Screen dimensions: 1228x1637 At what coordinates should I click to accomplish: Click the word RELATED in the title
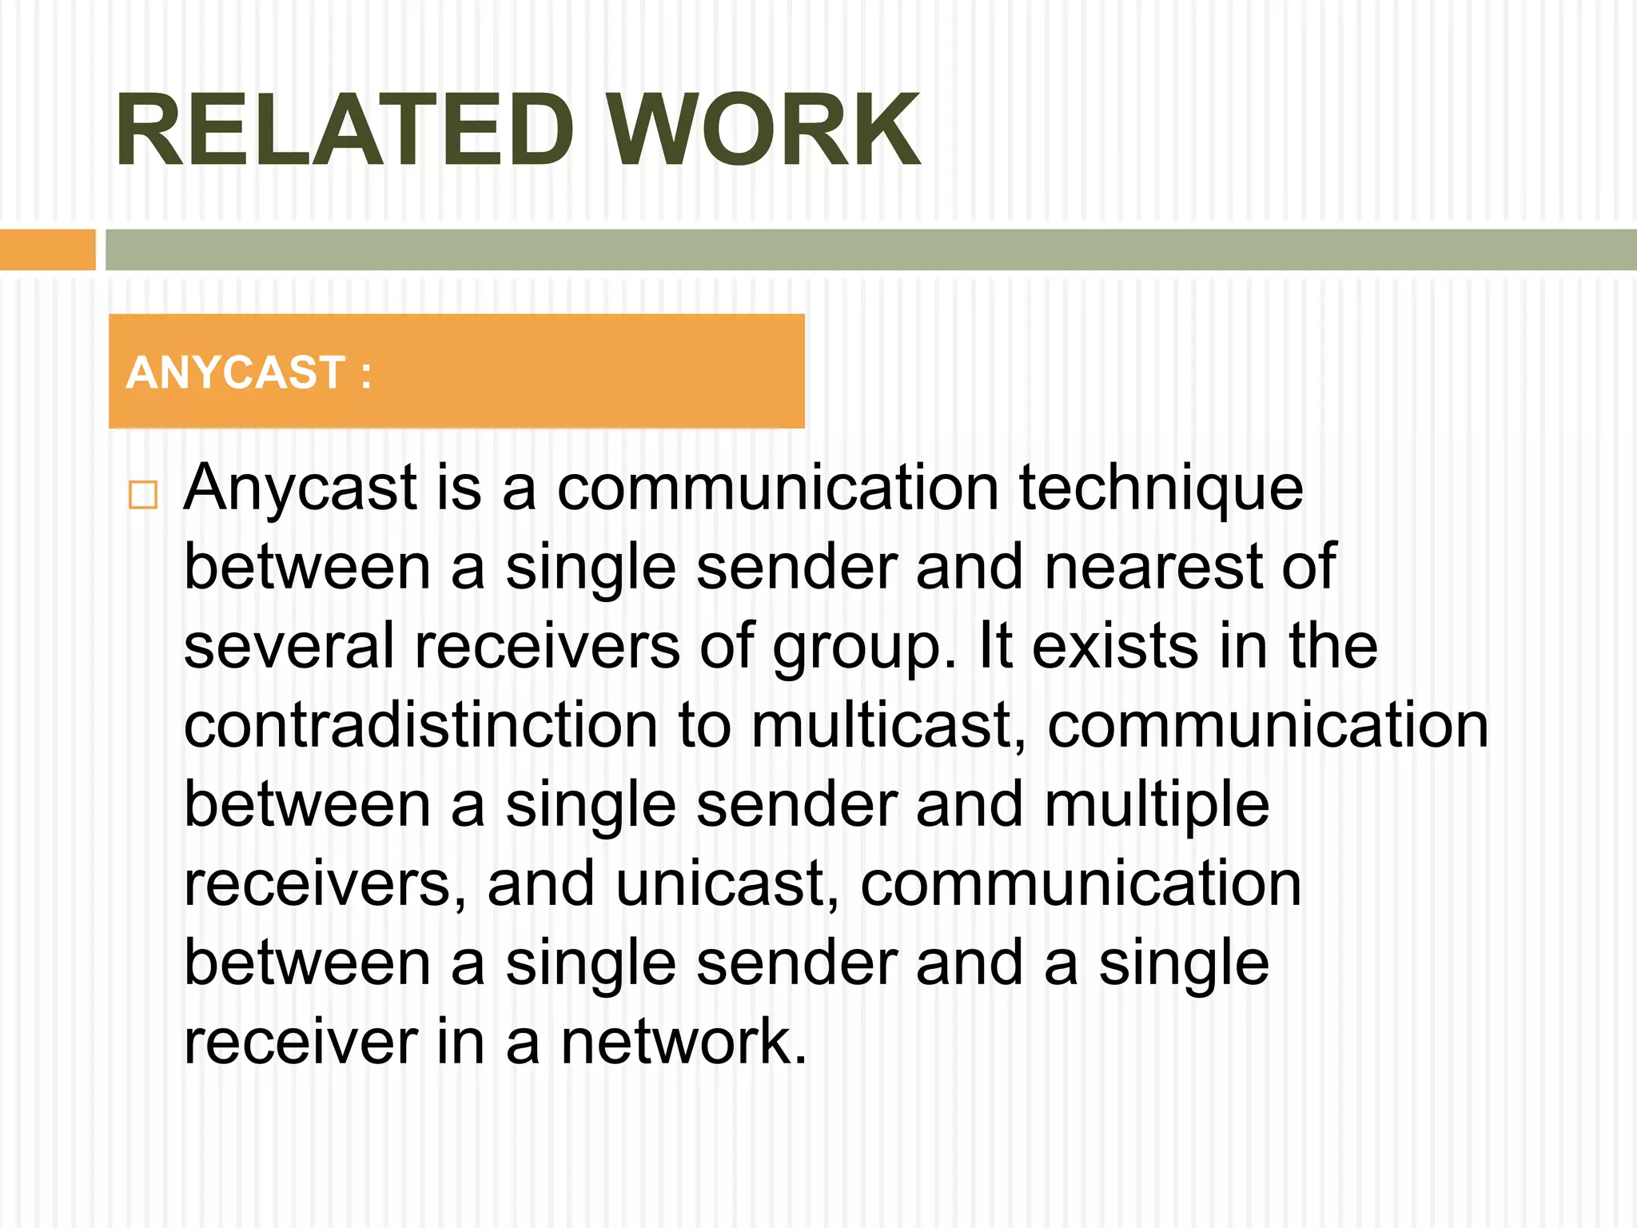[345, 130]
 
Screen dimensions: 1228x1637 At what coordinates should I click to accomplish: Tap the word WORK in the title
[763, 130]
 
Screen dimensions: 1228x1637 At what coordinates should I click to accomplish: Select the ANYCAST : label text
[249, 373]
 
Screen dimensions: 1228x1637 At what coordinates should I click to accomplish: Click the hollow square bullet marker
[143, 495]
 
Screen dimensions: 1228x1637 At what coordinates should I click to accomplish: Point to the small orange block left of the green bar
[47, 249]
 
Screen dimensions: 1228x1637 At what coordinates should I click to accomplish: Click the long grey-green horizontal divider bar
[870, 249]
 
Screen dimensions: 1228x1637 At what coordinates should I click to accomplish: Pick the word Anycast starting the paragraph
[301, 488]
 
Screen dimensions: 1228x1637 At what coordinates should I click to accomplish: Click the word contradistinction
[420, 725]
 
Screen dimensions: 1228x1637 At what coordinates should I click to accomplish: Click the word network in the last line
[683, 1042]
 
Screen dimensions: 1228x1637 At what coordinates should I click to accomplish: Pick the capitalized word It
[996, 646]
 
